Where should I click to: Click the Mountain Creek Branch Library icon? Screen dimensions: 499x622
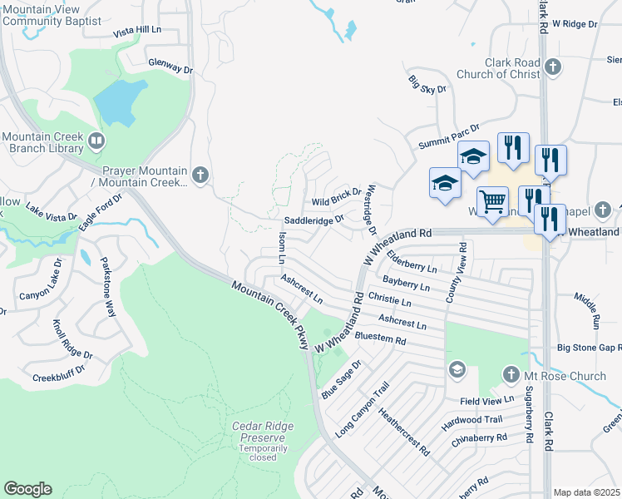coord(96,141)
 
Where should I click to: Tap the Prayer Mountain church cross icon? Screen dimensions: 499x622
coord(200,175)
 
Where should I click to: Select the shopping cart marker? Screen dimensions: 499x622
coord(493,200)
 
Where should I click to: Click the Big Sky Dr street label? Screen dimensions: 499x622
coord(427,83)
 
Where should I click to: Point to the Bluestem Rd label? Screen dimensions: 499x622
coord(380,339)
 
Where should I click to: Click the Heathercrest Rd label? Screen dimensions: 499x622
coord(403,432)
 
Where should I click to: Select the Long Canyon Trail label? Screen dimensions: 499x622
coord(363,411)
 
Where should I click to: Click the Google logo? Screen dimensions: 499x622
coord(27,489)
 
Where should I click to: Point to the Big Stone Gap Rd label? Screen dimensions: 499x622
coord(589,347)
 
